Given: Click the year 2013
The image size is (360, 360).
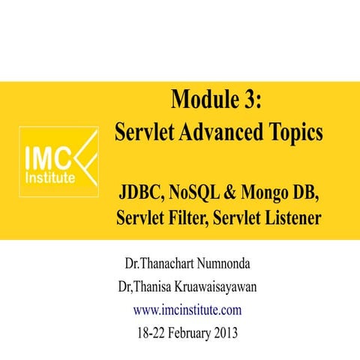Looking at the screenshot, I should coord(222,331).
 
